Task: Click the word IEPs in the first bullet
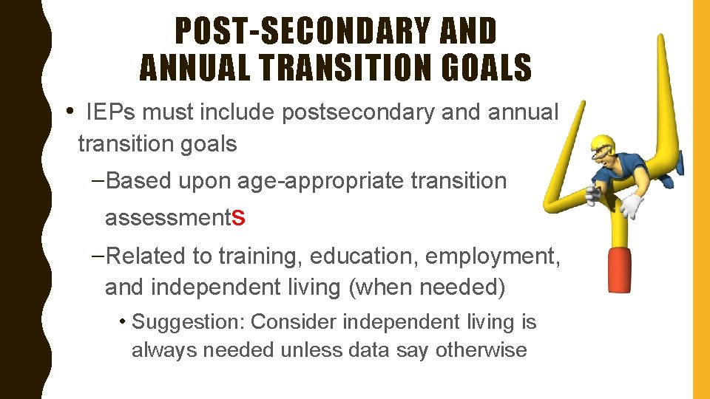tap(111, 112)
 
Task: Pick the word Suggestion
tap(188, 322)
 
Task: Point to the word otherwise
tap(481, 349)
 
